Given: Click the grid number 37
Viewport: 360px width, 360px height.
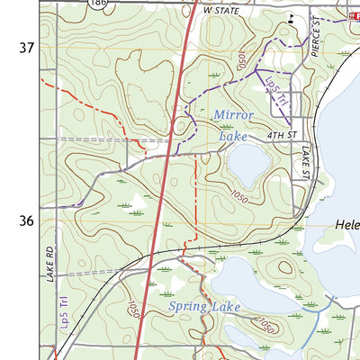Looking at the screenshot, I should point(25,46).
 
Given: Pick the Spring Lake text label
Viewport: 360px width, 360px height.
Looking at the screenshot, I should point(204,308).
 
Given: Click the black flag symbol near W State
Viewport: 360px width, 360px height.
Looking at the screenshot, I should point(290,17).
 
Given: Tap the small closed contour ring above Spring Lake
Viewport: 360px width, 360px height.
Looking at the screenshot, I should point(286,267).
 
